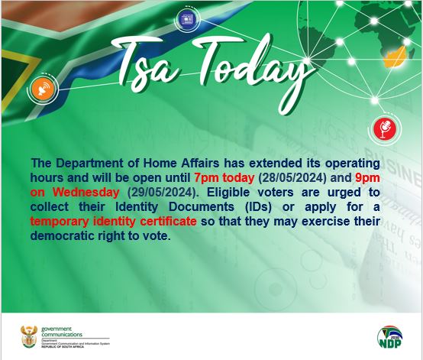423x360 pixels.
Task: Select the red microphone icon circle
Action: (379, 128)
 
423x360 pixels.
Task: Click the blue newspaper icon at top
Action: (186, 18)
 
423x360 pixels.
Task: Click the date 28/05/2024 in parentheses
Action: (295, 178)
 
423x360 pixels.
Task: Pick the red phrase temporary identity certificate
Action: (114, 221)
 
